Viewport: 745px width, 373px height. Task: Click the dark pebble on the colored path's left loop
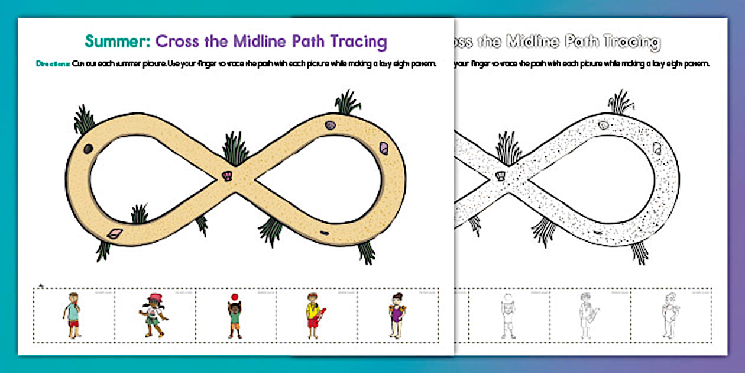click(88, 148)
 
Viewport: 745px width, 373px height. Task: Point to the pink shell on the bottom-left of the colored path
click(114, 234)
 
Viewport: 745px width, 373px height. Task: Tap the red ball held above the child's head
click(234, 297)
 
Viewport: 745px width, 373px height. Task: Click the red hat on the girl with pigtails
click(156, 297)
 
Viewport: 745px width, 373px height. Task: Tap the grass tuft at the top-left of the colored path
click(84, 120)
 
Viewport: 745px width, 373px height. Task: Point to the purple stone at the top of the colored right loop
click(330, 126)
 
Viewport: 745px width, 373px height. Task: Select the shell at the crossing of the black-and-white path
click(501, 176)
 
